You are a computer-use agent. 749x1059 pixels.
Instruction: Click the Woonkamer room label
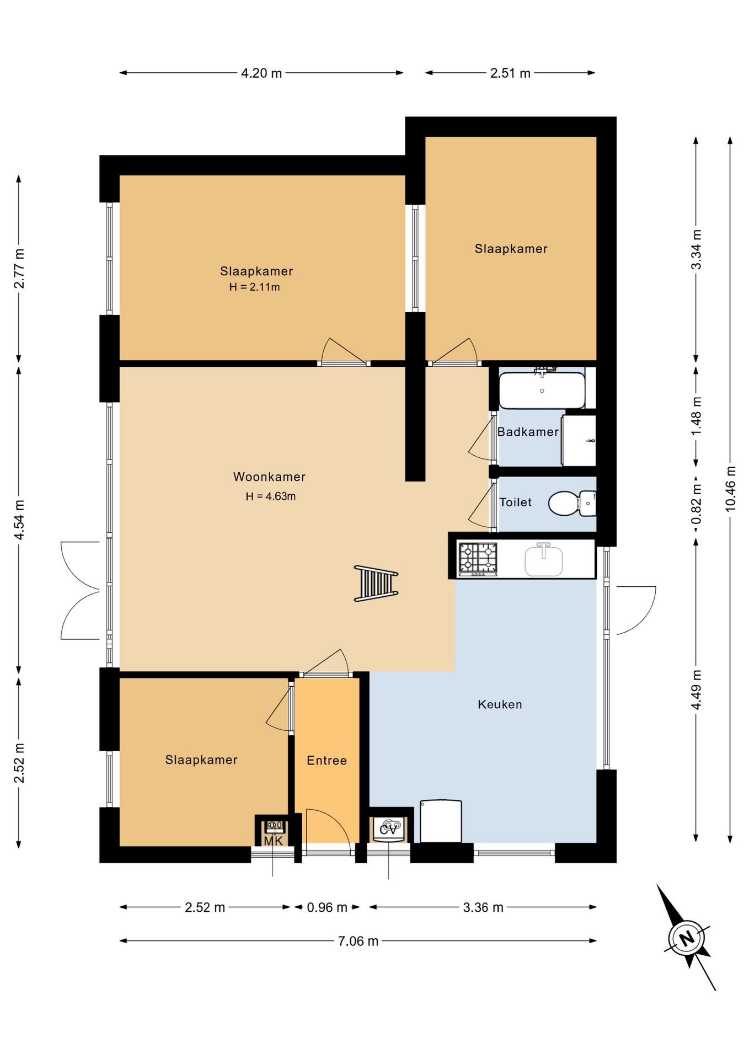269,477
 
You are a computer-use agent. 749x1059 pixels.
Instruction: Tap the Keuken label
500,704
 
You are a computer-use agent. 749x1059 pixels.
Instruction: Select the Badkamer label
528,432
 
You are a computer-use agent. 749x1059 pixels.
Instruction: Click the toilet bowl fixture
571,503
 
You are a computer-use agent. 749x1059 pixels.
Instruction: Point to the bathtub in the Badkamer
542,391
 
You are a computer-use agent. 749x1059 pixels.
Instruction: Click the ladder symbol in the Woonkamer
376,583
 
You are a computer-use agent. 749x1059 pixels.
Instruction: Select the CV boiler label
389,828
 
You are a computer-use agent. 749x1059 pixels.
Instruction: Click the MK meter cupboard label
273,841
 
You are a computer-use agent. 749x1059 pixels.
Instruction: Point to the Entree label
327,761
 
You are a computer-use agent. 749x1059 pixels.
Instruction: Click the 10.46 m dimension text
730,489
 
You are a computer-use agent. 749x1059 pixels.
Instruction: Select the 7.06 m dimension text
359,941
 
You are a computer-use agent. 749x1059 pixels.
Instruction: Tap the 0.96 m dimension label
327,907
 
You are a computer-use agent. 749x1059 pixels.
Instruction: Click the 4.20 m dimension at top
261,73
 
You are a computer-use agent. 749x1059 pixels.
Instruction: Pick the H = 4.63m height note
271,496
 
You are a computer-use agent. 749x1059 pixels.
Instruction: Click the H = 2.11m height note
254,287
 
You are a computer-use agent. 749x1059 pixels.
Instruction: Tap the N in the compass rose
687,938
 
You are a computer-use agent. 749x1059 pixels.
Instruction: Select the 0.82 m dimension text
697,504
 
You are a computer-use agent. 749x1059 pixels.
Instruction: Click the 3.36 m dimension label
483,907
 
